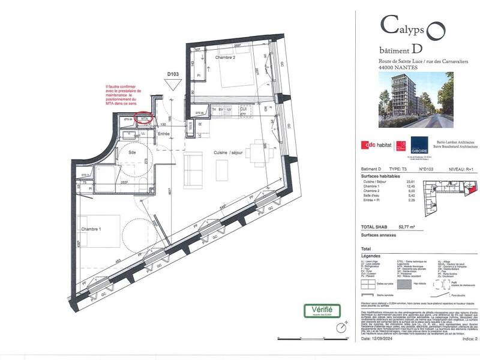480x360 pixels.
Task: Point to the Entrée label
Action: [164, 133]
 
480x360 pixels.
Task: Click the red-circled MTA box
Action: [145, 119]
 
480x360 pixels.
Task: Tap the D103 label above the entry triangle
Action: [173, 75]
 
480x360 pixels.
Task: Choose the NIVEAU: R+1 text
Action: [461, 170]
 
